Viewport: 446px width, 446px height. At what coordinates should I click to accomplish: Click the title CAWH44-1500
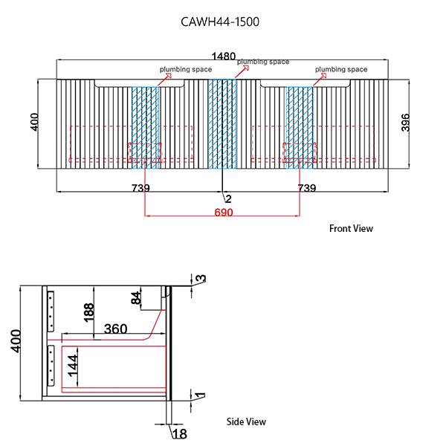click(220, 22)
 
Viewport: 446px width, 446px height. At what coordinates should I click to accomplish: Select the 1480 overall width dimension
click(223, 56)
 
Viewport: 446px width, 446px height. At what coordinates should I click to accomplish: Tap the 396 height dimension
click(406, 123)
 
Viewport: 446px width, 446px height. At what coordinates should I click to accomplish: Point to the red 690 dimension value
click(224, 213)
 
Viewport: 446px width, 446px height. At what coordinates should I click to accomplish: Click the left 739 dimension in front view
click(140, 189)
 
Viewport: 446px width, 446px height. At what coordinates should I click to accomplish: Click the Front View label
click(351, 228)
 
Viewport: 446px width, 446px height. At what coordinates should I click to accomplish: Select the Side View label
click(246, 421)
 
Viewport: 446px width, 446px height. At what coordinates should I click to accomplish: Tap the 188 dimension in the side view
click(89, 312)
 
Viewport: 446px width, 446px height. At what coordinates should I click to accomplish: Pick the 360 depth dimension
click(115, 329)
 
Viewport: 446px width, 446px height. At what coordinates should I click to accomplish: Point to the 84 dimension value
click(137, 299)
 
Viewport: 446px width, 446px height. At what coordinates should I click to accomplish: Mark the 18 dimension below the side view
click(179, 433)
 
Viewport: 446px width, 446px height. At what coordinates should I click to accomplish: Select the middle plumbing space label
click(263, 62)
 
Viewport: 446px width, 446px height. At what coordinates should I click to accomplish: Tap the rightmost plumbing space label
click(341, 69)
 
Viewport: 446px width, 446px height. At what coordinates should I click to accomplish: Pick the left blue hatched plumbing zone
click(146, 124)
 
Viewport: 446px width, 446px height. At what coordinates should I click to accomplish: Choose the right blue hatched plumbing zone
click(300, 124)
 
